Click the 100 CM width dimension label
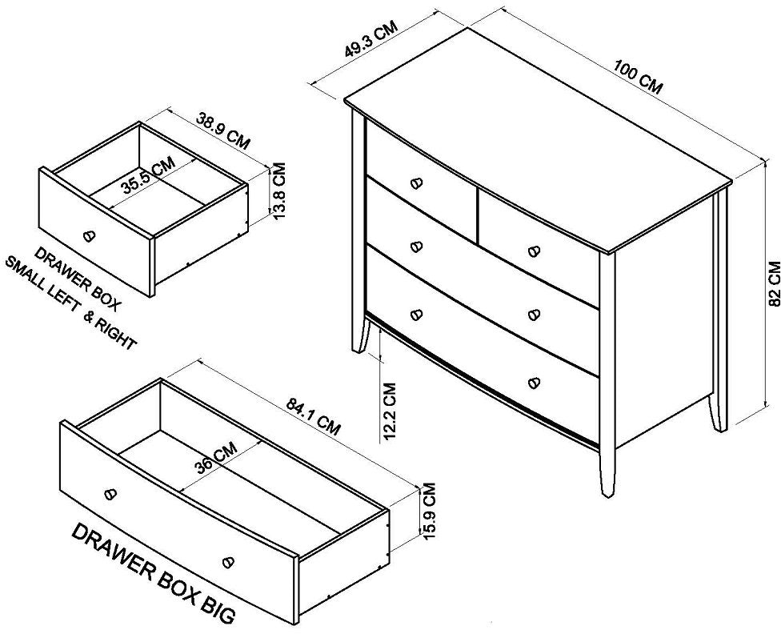[638, 77]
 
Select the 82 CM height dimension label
[775, 283]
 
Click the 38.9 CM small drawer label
[222, 131]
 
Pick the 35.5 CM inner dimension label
[148, 175]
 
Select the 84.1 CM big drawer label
[314, 415]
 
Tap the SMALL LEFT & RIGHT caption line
[70, 303]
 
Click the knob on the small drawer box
[90, 235]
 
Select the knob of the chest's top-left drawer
[416, 183]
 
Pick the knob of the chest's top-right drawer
[535, 251]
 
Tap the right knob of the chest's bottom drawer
[535, 383]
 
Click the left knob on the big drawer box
[110, 493]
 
